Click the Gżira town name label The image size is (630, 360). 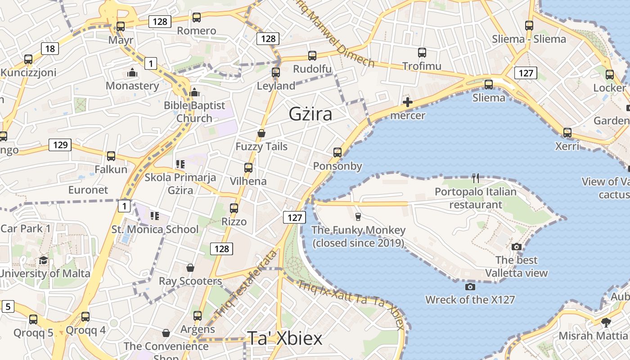[310, 114]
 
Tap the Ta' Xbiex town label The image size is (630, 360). [284, 338]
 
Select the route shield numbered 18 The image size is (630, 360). [50, 49]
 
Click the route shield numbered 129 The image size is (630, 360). [60, 144]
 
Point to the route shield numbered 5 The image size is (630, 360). [8, 306]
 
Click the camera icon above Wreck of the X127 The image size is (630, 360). [470, 287]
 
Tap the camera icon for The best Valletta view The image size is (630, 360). [517, 247]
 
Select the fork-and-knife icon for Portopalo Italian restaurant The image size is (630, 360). [476, 178]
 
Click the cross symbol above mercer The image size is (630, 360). [408, 102]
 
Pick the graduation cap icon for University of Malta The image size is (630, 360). [43, 260]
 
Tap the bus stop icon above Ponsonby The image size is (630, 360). [337, 153]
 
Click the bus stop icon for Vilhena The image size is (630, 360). [248, 168]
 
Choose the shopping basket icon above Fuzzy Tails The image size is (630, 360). [261, 133]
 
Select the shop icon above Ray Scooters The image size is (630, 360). [190, 268]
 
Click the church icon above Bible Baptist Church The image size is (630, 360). [194, 92]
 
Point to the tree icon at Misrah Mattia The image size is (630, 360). [606, 322]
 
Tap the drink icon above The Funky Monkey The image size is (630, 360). [358, 217]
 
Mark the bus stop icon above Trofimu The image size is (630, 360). [422, 53]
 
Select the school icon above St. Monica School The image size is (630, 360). [155, 216]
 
